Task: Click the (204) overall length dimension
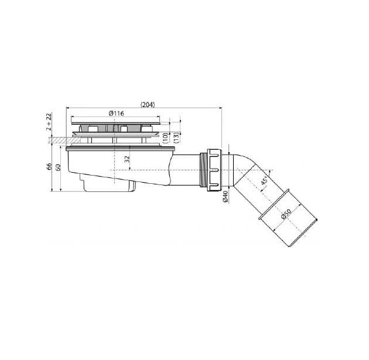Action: [x=148, y=105]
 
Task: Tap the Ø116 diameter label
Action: [x=116, y=114]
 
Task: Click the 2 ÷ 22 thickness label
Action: [x=49, y=122]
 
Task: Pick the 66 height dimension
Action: [x=49, y=166]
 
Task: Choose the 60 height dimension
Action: [x=58, y=167]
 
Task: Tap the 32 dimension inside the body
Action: [x=127, y=159]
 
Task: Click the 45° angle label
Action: [x=264, y=180]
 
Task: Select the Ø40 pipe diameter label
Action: [x=225, y=196]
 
